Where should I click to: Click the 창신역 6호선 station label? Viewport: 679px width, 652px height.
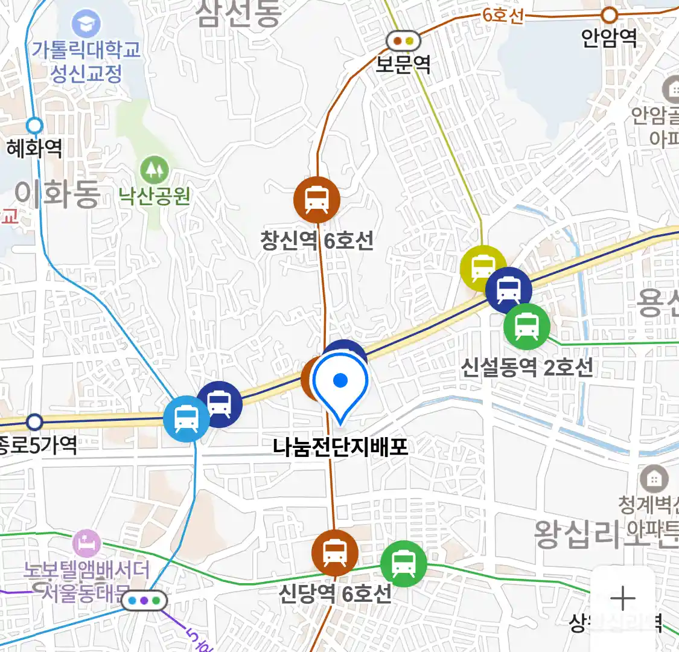tap(317, 241)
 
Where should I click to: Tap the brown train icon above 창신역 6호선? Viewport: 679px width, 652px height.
tap(317, 200)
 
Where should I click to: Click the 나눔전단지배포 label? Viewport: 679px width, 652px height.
tap(340, 447)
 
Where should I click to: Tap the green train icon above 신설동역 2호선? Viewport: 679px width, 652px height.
tap(527, 327)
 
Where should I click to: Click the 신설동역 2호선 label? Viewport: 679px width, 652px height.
tap(527, 367)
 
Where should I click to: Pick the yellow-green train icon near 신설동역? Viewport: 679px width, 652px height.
tap(482, 267)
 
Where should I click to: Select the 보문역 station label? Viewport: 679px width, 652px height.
tap(403, 63)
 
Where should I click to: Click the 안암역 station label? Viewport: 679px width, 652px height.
tap(609, 37)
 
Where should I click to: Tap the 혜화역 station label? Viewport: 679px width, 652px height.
tap(34, 148)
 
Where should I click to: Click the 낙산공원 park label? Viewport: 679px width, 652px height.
tap(155, 196)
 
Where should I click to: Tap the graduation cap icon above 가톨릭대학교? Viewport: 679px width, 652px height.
tap(86, 25)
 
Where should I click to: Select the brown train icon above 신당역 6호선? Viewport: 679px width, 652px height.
tap(334, 552)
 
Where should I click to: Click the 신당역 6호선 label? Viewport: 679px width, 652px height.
tap(334, 593)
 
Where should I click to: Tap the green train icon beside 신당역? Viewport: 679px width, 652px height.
tap(403, 564)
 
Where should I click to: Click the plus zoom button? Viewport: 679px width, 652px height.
tap(622, 598)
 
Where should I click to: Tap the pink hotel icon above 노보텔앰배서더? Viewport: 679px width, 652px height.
tap(86, 543)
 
